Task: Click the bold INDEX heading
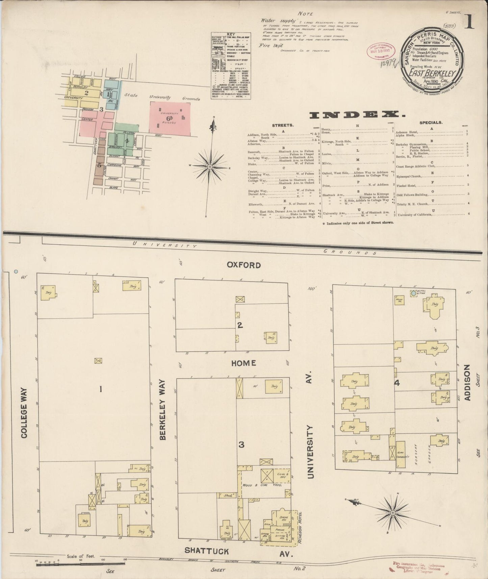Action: [358, 115]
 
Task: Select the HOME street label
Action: [243, 363]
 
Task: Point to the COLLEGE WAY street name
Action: [24, 418]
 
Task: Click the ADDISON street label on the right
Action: [467, 383]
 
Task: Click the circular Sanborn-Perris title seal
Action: [431, 59]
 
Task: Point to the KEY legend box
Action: [231, 66]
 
